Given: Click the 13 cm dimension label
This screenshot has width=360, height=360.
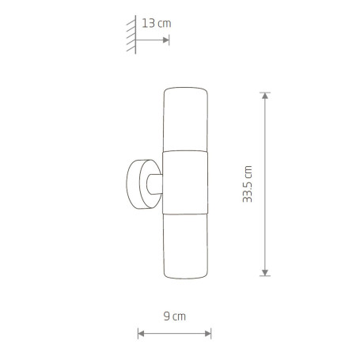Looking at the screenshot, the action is pyautogui.click(x=157, y=23).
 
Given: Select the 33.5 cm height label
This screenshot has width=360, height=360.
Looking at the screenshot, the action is pyautogui.click(x=248, y=184).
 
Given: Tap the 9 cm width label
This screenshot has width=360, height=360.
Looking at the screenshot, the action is pyautogui.click(x=175, y=316).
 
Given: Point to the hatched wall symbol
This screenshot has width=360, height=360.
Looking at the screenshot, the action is pyautogui.click(x=131, y=35).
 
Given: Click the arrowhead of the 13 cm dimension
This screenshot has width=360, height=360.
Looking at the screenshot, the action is pyautogui.click(x=166, y=40).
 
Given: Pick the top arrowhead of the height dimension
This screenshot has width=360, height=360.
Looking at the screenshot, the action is pyautogui.click(x=265, y=96).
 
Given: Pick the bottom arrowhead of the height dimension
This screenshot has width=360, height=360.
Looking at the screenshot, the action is pyautogui.click(x=265, y=273).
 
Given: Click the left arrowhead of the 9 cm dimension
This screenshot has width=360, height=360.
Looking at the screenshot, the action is pyautogui.click(x=141, y=334).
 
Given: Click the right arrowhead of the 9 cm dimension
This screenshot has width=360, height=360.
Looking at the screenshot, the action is pyautogui.click(x=208, y=334).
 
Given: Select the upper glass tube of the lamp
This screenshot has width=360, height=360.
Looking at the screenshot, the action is pyautogui.click(x=185, y=119).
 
